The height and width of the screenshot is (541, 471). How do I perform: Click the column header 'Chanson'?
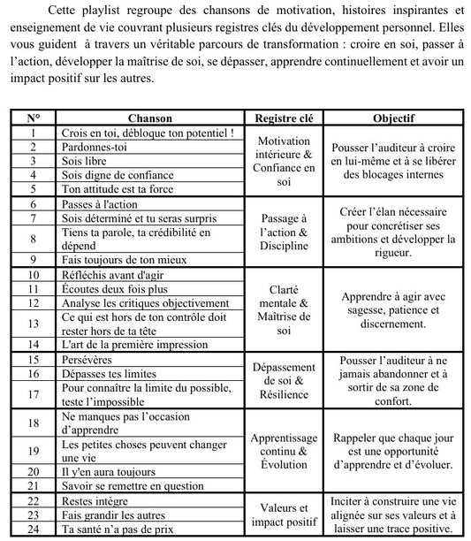pos(149,118)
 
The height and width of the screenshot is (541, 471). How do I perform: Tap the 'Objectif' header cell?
pos(393,118)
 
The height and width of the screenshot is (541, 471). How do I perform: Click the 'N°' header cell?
pos(34,118)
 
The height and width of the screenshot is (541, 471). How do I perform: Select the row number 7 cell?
pos(34,217)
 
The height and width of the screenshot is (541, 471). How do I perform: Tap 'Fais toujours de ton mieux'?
pos(127,260)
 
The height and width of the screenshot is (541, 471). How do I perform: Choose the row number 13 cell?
pos(34,324)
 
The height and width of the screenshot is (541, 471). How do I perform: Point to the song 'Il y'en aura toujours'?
pos(110,471)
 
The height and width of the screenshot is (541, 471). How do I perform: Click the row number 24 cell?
pos(34,529)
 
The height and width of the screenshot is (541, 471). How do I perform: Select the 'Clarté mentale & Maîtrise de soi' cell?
pos(284,309)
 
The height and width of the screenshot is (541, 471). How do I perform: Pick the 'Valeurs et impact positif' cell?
pos(284,514)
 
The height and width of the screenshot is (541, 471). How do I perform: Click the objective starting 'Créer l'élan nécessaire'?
pos(393,232)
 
